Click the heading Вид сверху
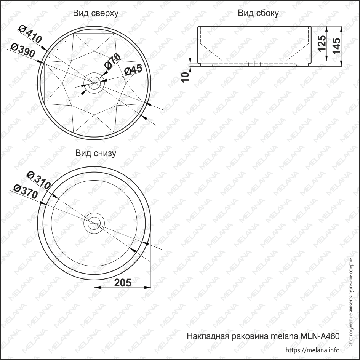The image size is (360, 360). pos(96,13)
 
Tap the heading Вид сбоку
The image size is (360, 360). pos(258,13)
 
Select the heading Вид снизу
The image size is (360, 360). pos(96,154)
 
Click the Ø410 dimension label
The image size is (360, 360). pos(30,34)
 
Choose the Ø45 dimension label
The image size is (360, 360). pos(133,69)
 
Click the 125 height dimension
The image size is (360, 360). pos(322,43)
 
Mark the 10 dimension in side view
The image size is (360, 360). pos(186,77)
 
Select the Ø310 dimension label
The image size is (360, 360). pos(38,180)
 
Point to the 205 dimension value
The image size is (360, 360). pos(123,283)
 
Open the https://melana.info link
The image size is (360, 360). pos(312,350)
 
